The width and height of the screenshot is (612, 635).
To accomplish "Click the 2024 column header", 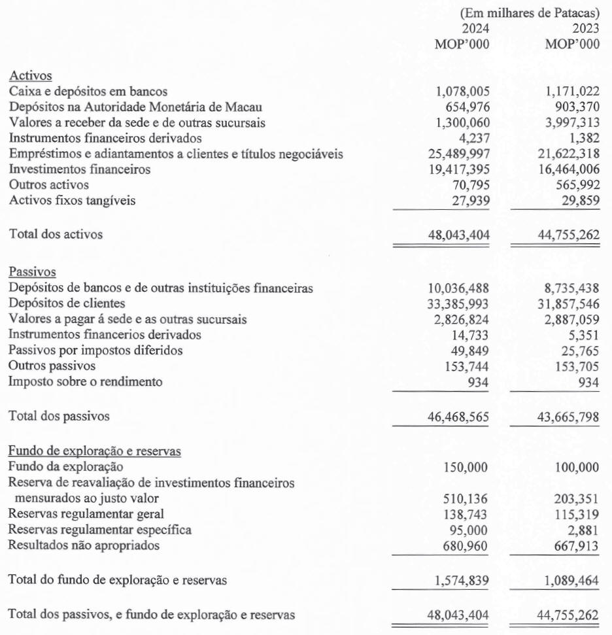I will tap(475, 29).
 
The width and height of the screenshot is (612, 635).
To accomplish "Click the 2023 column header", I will tap(585, 29).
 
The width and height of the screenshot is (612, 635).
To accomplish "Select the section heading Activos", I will tap(30, 77).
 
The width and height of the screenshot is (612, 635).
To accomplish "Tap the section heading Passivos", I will tap(32, 272).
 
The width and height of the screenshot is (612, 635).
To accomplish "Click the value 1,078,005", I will tap(462, 92).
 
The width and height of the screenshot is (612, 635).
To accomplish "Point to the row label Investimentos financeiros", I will tap(80, 169).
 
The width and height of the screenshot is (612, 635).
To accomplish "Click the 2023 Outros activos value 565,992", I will tap(573, 185).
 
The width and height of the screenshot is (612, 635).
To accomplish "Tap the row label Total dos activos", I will tap(56, 233).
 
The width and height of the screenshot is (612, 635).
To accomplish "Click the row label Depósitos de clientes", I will tap(67, 303).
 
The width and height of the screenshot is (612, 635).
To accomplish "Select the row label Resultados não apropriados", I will tap(84, 545).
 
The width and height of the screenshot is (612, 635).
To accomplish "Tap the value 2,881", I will tap(584, 529).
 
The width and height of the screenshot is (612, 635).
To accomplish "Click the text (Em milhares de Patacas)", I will tap(530, 13).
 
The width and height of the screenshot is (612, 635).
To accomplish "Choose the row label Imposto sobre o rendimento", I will tap(85, 381).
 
